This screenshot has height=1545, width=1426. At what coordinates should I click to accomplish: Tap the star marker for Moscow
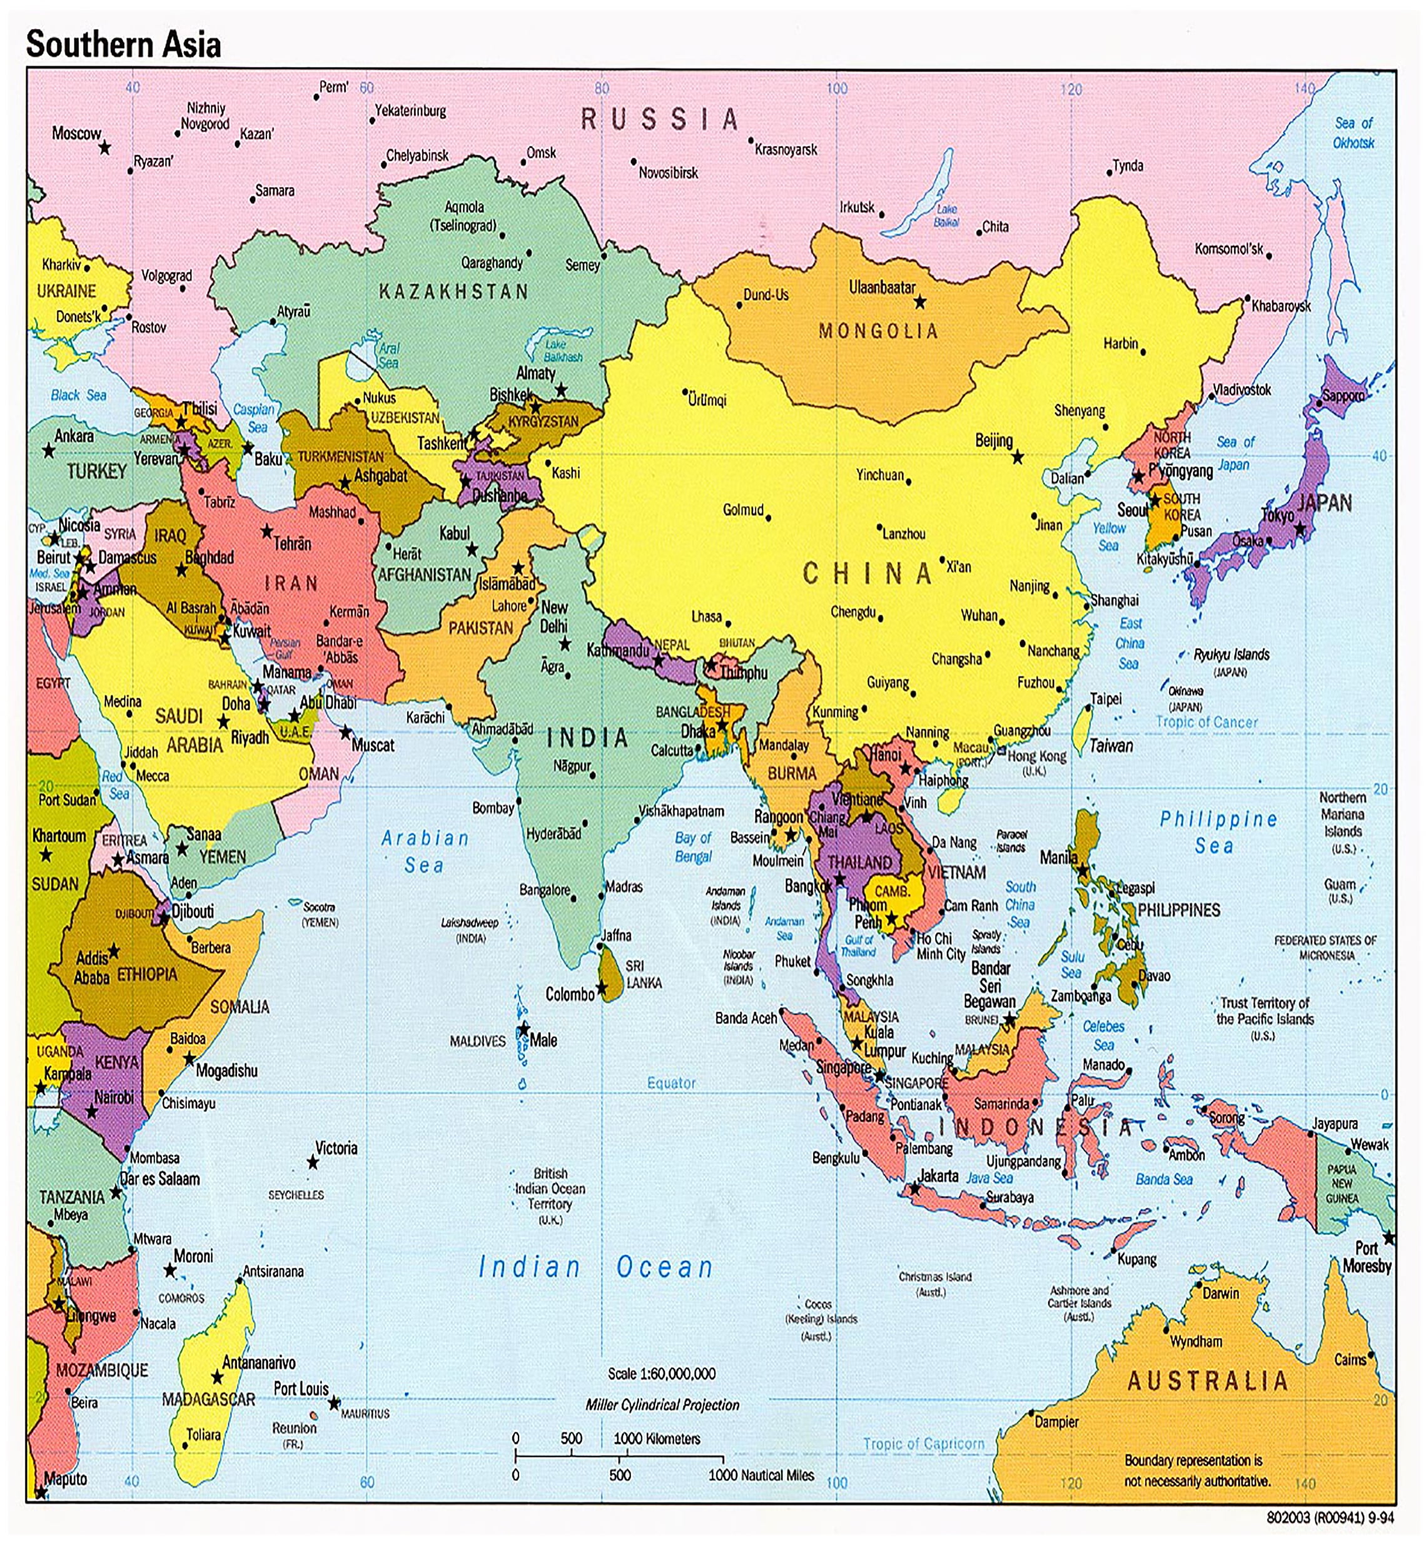click(105, 146)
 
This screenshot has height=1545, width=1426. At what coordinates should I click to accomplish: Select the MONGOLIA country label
click(878, 331)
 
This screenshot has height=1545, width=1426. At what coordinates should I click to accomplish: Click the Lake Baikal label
click(946, 215)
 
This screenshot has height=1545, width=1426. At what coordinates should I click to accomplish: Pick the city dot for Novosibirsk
click(634, 162)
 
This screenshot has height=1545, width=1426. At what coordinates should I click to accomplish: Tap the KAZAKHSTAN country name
click(453, 291)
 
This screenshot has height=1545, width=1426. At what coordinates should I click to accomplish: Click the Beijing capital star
click(1018, 458)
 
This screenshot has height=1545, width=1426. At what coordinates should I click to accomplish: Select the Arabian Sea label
click(425, 851)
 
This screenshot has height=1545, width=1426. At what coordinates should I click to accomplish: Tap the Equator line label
click(671, 1083)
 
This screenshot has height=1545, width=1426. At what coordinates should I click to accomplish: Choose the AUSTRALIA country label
click(1208, 1380)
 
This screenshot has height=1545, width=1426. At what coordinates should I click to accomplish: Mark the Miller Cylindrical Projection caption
click(662, 1404)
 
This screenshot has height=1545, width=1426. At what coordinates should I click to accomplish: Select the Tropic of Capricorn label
click(924, 1443)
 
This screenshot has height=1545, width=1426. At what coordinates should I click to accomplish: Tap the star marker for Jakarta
click(915, 1189)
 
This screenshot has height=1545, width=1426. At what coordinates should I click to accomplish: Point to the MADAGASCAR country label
click(208, 1399)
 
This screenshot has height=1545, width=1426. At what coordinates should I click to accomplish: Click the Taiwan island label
click(1111, 746)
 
